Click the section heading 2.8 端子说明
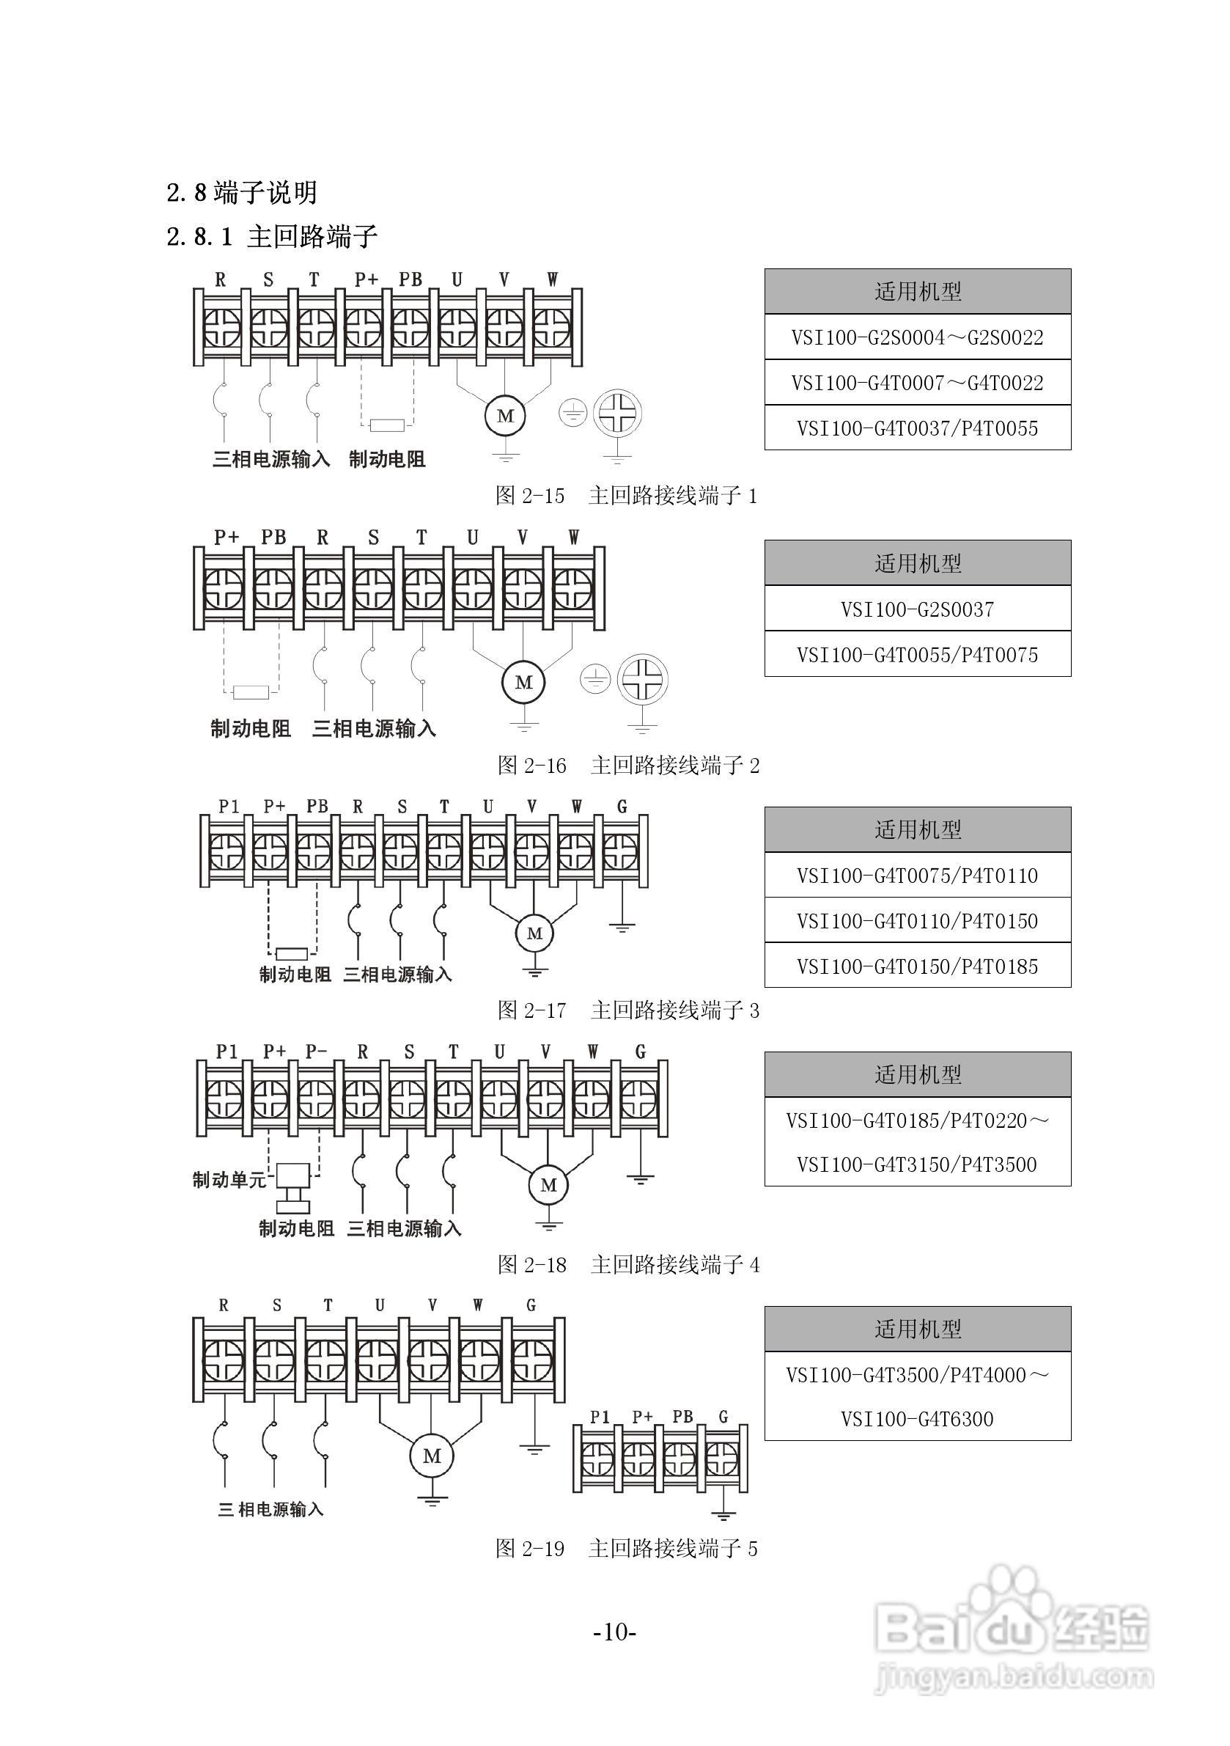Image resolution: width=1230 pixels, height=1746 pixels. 242,192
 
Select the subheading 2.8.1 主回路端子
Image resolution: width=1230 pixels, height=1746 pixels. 271,237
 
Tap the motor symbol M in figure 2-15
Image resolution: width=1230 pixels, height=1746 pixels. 505,416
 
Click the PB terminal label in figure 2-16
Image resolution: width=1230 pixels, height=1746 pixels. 273,538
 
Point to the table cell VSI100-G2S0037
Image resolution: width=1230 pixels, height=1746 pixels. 917,609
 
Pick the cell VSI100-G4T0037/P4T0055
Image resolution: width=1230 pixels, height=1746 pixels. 917,428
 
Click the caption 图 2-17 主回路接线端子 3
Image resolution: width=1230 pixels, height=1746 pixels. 628,1010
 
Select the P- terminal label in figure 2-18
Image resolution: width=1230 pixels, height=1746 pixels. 316,1052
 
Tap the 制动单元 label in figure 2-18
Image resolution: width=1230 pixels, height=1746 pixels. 229,1180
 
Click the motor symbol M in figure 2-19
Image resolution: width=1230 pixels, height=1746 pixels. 431,1456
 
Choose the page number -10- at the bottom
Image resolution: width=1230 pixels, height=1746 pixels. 614,1631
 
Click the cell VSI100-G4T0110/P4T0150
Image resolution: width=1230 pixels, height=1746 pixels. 917,921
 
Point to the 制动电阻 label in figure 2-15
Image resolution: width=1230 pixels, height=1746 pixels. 387,459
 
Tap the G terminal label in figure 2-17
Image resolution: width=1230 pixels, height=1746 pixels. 622,806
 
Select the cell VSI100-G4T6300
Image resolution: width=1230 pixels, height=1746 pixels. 917,1419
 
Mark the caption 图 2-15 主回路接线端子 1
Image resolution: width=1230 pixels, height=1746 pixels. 627,496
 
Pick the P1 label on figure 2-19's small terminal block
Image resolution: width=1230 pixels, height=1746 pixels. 600,1417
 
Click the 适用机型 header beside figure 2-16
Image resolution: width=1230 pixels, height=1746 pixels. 918,563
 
